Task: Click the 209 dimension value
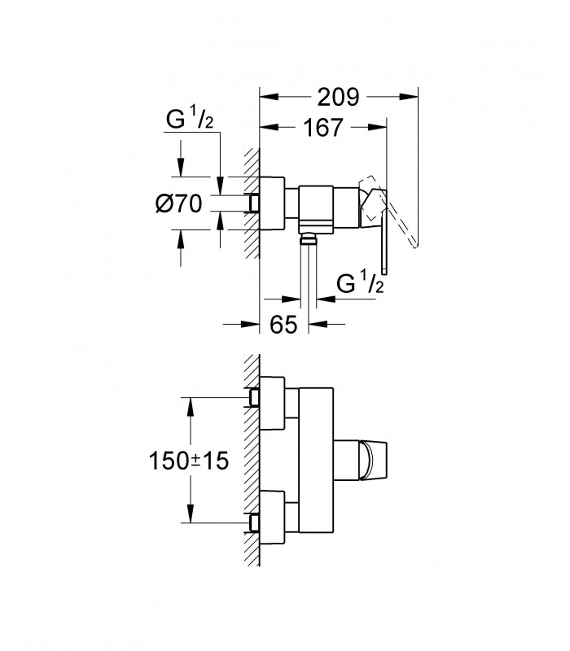(338, 97)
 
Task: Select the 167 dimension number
(324, 128)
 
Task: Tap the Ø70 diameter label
(179, 204)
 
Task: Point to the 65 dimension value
(283, 324)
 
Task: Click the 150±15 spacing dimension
(189, 461)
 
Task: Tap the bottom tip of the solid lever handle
(384, 274)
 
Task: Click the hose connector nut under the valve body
(309, 238)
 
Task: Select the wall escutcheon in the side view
(272, 203)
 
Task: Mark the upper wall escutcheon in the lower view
(272, 403)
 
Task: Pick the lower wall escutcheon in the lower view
(272, 517)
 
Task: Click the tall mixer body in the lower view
(316, 460)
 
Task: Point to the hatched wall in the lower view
(252, 460)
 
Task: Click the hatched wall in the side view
(252, 203)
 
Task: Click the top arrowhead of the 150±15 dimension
(191, 406)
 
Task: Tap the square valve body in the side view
(316, 208)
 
